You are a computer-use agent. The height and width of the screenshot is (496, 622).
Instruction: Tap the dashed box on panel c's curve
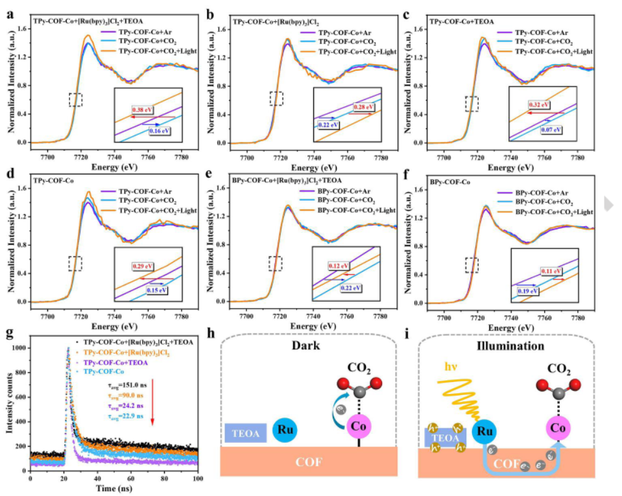(x=472, y=104)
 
